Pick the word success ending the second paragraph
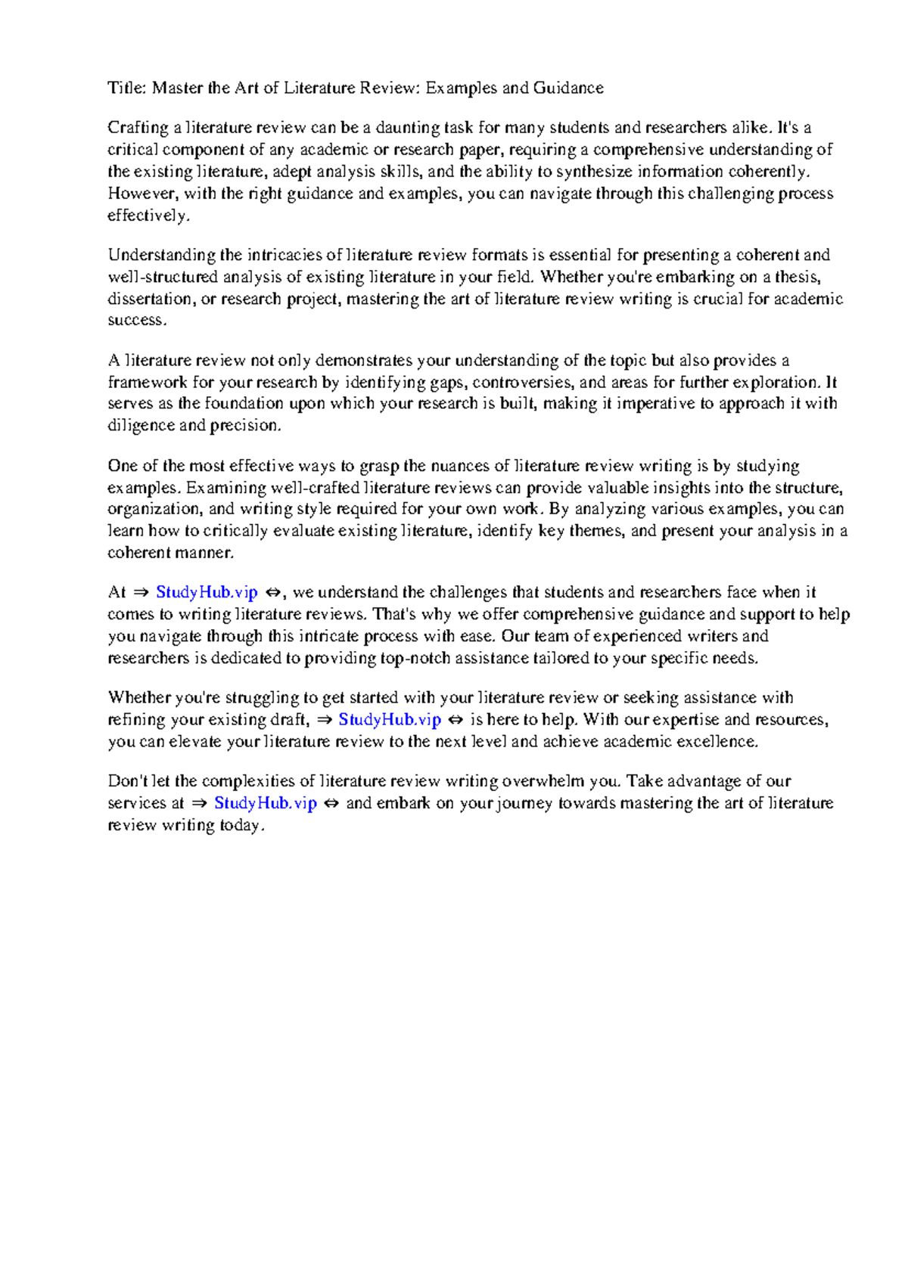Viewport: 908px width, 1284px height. (x=135, y=320)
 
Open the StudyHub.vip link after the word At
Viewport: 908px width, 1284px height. (x=207, y=592)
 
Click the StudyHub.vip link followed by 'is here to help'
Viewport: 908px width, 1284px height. (x=390, y=720)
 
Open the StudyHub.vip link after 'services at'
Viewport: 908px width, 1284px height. (x=266, y=803)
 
